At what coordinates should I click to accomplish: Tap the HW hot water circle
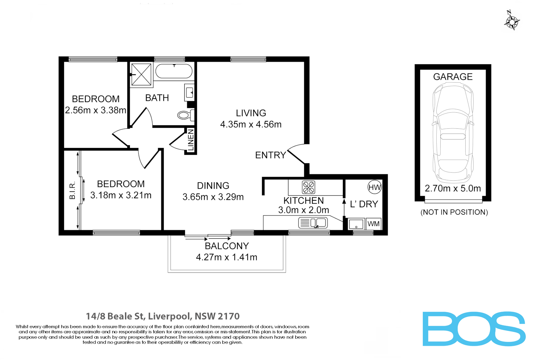point(374,187)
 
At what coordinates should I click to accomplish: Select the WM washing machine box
point(373,224)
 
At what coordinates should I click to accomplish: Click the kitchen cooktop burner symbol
point(308,187)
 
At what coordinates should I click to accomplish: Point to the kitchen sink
point(313,223)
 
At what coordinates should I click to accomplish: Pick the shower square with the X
point(141,74)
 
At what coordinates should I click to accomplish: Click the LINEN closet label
point(191,141)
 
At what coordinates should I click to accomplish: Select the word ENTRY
point(270,155)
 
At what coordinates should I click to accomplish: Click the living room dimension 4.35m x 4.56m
point(251,125)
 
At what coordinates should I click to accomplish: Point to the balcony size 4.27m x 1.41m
point(226,257)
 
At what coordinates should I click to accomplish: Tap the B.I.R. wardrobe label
point(72,191)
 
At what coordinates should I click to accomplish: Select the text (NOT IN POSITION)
point(454,212)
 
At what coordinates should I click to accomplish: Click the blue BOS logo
point(474,329)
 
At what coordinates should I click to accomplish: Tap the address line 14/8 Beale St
point(163,316)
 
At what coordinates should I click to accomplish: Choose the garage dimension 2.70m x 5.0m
point(453,189)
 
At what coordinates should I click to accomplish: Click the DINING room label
point(213,186)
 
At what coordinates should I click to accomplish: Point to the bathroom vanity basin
point(189,92)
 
